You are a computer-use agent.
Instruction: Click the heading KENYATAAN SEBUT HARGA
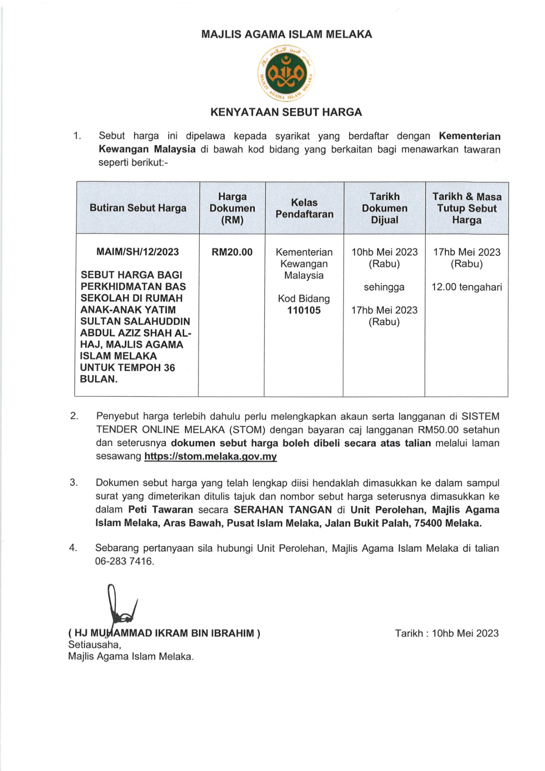pos(286,112)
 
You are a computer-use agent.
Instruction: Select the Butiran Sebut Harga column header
pos(138,208)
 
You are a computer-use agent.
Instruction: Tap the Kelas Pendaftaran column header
pos(304,208)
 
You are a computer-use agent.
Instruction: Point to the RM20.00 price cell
pos(232,252)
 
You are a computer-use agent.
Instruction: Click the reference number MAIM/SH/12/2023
pos(138,252)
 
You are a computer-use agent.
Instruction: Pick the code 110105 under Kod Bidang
pos(304,310)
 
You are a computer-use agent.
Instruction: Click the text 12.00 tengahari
pos(466,287)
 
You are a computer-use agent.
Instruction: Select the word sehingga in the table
pos(384,287)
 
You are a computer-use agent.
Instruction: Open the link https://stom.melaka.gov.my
pos(211,456)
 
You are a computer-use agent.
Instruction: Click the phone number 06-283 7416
pos(124,561)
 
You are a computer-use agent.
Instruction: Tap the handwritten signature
pos(120,607)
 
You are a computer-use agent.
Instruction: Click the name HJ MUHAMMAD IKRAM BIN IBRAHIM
pos(164,633)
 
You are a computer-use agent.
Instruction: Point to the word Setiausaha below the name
pos(94,645)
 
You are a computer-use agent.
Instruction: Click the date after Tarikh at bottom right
pos(465,633)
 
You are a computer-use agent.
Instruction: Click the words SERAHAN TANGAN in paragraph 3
pos(283,510)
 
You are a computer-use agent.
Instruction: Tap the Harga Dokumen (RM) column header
pos(232,208)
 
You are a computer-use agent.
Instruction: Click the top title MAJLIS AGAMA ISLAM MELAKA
pos(286,34)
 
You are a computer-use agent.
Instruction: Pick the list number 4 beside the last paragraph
pos(73,548)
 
